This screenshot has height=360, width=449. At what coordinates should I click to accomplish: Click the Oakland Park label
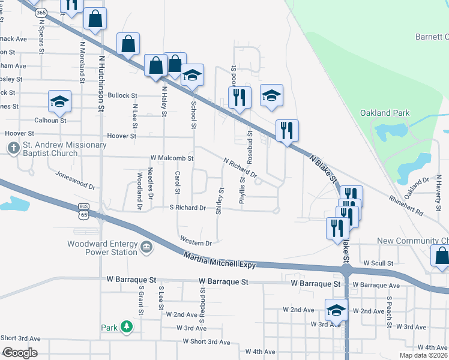(x=384, y=113)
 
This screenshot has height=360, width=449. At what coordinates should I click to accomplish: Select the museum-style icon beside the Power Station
(x=146, y=247)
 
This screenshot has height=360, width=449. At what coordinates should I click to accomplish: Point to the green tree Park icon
(x=127, y=327)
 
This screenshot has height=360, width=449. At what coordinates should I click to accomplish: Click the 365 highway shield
(x=41, y=12)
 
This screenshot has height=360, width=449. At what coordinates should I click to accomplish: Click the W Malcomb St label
(x=172, y=158)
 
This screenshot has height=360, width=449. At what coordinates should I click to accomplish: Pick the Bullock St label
(x=122, y=95)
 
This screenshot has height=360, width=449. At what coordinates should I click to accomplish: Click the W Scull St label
(x=378, y=263)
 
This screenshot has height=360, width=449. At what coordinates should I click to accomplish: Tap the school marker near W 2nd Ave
(x=337, y=310)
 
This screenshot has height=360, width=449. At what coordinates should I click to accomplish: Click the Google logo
(x=20, y=353)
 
